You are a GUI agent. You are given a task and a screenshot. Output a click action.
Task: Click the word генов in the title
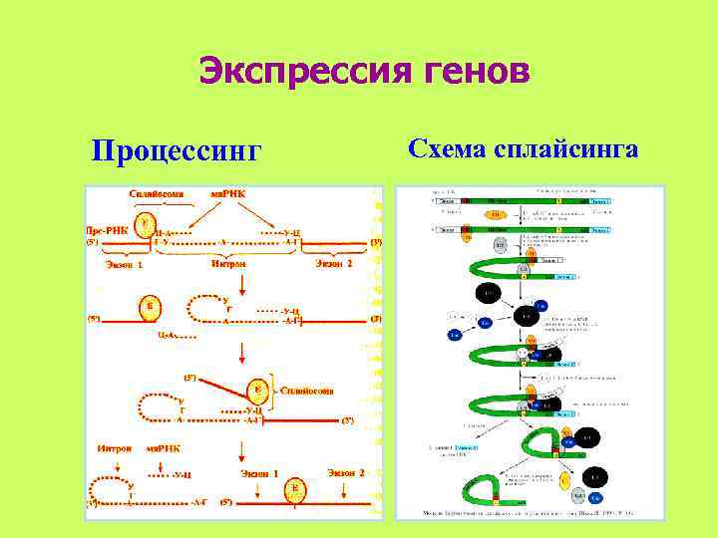click(x=467, y=72)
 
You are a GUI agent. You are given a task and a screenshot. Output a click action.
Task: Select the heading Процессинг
click(x=175, y=151)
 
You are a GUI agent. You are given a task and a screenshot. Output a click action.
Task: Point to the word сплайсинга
click(x=567, y=149)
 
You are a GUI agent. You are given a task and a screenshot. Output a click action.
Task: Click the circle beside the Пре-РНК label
click(x=146, y=224)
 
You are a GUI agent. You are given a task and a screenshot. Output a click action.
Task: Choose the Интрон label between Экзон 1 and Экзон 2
click(x=229, y=264)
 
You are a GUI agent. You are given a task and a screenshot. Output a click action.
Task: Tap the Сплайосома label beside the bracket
click(x=306, y=390)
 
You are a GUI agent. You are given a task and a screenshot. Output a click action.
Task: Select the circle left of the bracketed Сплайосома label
click(x=257, y=390)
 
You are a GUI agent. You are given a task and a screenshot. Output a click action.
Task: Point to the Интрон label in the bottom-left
click(x=116, y=448)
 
